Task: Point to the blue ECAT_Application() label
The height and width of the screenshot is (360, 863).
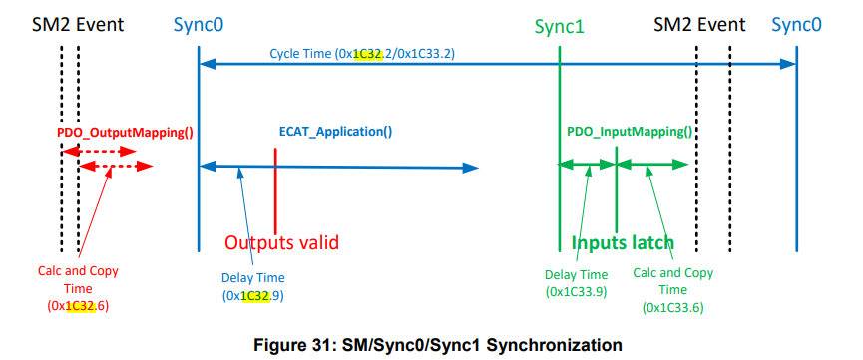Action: tap(335, 131)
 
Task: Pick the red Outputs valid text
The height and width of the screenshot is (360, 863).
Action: tap(281, 242)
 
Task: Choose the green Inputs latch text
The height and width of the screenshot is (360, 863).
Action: tap(623, 242)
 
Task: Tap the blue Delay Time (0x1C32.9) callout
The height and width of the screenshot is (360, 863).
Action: tap(253, 287)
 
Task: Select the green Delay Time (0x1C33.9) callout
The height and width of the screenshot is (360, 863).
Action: tap(578, 283)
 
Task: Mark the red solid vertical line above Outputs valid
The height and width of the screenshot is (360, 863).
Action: tap(275, 189)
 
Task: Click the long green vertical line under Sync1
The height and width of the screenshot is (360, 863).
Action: tap(560, 199)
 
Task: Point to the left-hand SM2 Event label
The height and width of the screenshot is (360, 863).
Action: tap(70, 23)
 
